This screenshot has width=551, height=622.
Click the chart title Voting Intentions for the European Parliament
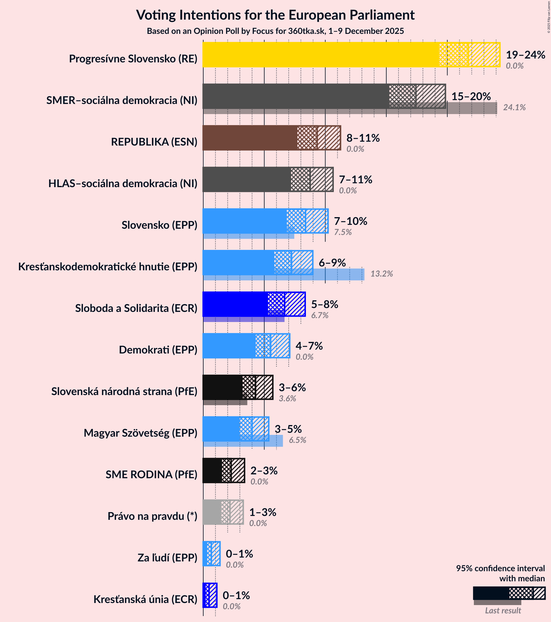[275, 15]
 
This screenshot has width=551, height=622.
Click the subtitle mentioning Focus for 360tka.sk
[275, 31]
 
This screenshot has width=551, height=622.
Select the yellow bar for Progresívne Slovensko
[319, 55]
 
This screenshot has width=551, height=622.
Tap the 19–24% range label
[525, 55]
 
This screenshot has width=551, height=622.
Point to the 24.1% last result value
[514, 108]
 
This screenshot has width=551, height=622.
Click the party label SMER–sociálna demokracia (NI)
[122, 100]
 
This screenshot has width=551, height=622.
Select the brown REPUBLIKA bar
[249, 138]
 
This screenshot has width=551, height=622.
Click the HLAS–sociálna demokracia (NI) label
[123, 184]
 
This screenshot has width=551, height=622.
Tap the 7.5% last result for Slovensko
[343, 232]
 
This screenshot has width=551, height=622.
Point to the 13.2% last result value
[381, 274]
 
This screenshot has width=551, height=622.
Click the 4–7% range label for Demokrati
[309, 346]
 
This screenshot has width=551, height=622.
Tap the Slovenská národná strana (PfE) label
[124, 391]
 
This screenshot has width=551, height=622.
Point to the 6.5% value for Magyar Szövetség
[297, 440]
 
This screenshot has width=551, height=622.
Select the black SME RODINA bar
[212, 471]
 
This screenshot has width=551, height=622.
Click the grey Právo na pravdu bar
[212, 512]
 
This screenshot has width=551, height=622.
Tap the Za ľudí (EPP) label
[167, 558]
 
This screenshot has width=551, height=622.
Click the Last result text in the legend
[503, 610]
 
